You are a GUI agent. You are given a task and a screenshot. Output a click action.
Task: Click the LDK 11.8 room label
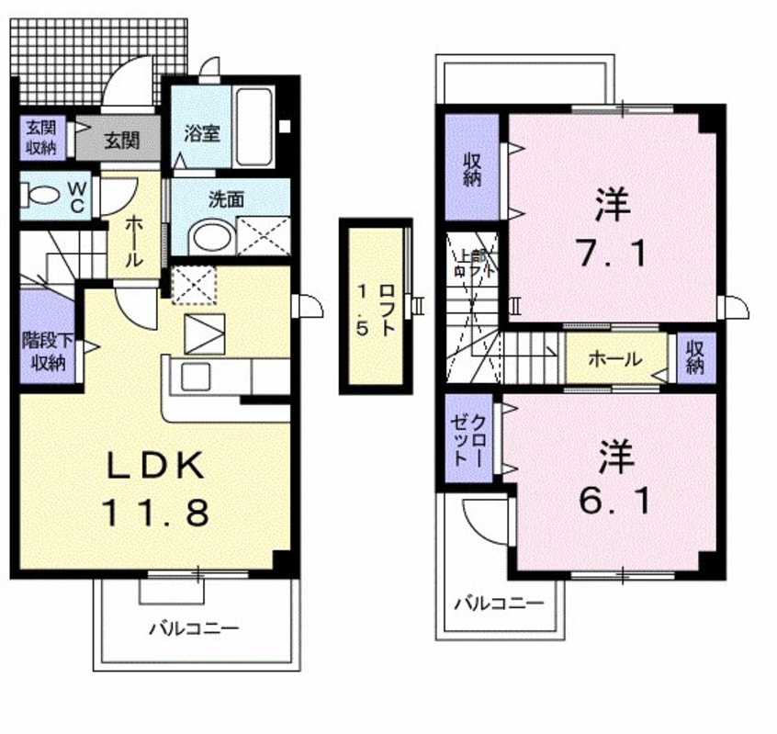pos(154,487)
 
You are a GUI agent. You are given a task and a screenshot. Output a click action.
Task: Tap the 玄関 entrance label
pos(121,141)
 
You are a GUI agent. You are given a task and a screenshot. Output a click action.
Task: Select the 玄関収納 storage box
pos(40,136)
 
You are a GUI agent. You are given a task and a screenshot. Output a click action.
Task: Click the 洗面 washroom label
pos(224,198)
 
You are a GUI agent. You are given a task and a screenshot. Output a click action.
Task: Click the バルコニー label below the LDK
pos(194,629)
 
